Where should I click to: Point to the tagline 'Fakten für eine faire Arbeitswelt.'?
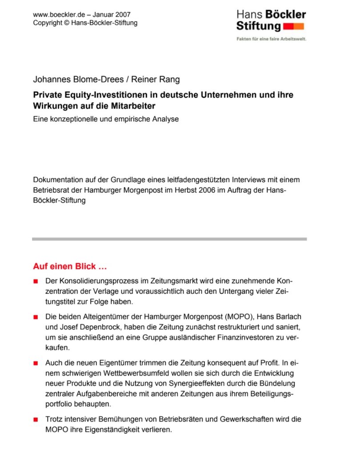(271, 39)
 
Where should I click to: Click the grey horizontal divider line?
(169, 239)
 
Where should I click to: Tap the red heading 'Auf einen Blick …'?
(70, 267)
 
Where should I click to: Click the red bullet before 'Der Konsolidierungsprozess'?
(36, 282)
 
